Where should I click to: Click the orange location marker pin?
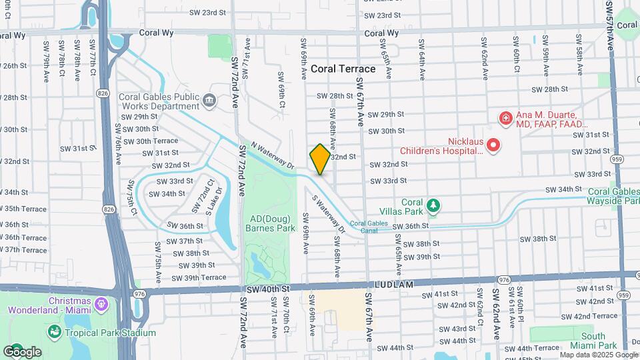pos(320,159)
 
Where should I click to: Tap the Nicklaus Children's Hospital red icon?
pos(493,145)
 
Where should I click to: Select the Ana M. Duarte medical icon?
pos(505,119)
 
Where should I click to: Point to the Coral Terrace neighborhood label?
pos(343,69)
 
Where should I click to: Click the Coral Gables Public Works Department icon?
pos(209,101)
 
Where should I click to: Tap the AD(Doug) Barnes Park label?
pos(272,223)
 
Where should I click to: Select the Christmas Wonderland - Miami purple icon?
pos(101,304)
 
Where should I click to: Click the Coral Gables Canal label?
pos(369,227)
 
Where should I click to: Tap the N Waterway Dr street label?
pos(272,155)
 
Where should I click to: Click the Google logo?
pos(22,351)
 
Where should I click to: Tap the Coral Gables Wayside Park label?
pos(613,196)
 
